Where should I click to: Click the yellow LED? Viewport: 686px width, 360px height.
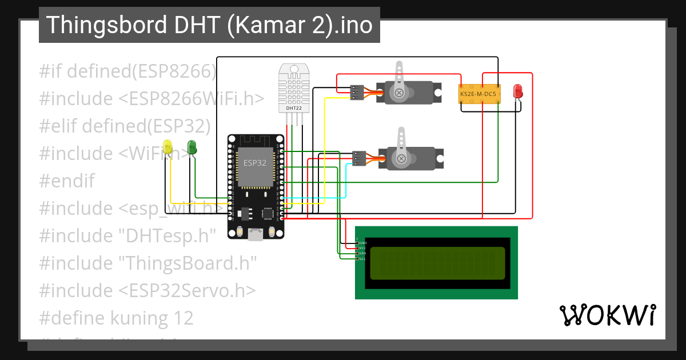coord(167,146)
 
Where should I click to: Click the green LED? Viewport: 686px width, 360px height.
coord(192,146)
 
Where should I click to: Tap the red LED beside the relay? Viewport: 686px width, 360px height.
coord(517,91)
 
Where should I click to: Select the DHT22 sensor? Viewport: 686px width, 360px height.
coord(294,88)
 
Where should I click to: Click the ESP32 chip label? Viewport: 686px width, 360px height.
coord(254,163)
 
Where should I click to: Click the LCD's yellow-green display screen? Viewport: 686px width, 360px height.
coord(437,263)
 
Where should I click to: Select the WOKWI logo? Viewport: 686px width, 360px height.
coord(607,315)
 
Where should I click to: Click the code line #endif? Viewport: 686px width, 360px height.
coord(67,181)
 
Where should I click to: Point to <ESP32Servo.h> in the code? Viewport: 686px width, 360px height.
coord(188,291)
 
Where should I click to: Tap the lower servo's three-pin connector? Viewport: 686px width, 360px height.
coord(359,158)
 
